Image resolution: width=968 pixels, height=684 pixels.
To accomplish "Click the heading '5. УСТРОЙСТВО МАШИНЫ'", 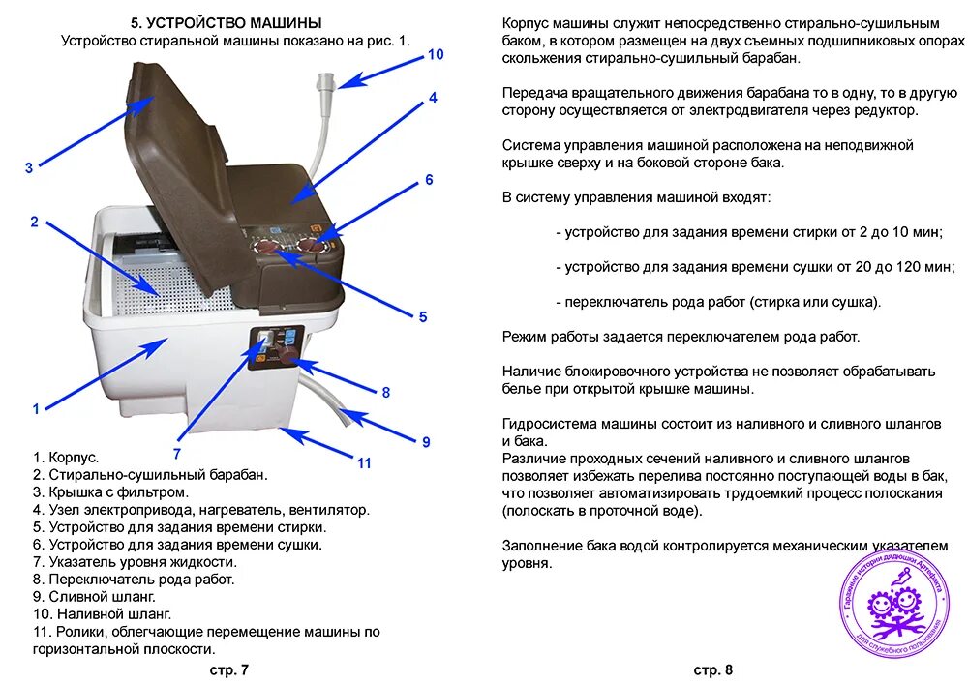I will coord(227,22).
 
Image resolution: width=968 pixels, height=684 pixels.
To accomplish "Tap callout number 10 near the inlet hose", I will coord(436,55).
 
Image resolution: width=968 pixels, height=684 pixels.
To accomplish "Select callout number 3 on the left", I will coord(29,167).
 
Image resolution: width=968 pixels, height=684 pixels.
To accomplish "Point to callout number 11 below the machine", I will coord(364,463).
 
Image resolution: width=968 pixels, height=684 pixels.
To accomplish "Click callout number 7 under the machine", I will coord(177,452).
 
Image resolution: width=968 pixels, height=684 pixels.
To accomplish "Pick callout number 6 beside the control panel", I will coord(429,180).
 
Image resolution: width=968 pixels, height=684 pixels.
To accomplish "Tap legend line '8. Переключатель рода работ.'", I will coord(134,580).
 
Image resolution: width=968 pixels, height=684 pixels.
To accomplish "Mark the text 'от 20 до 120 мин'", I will coord(887,267).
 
